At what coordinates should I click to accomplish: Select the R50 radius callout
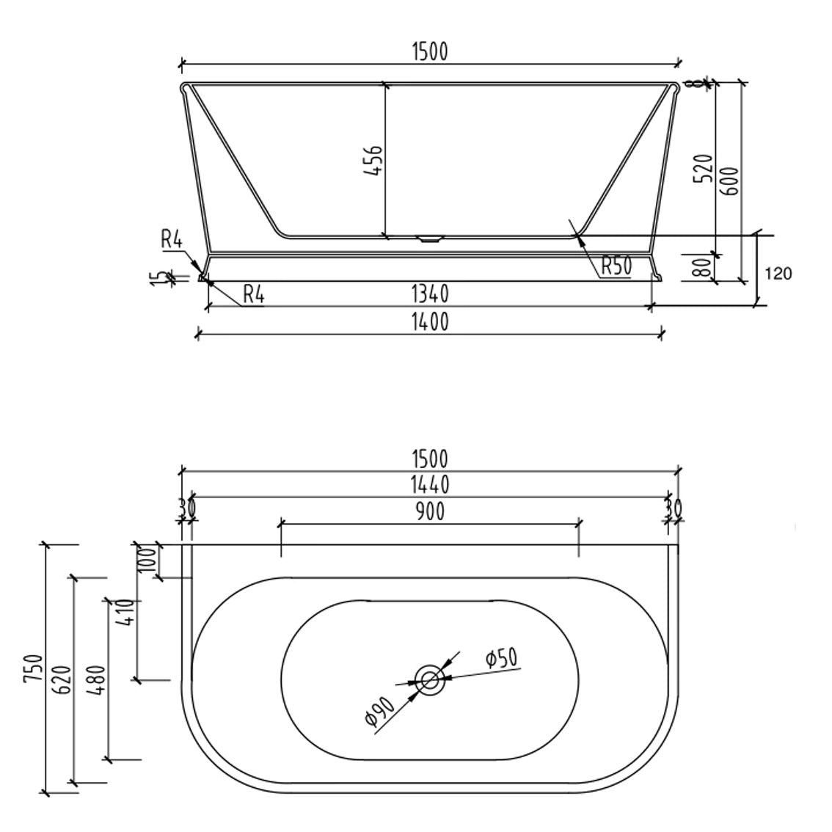[x=616, y=266]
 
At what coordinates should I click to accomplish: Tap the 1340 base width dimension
[x=430, y=294]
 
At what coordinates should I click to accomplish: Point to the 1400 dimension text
[x=430, y=321]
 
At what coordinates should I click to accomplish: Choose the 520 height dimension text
[x=704, y=169]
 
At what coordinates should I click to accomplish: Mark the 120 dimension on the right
[x=778, y=274]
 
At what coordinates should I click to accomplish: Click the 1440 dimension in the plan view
[x=430, y=484]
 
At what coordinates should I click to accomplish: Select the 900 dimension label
[x=430, y=511]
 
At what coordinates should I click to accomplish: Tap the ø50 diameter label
[x=501, y=658]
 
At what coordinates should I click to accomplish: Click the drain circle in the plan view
[x=429, y=679]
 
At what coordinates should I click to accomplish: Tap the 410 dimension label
[x=125, y=611]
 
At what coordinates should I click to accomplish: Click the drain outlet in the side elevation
[x=430, y=238]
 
